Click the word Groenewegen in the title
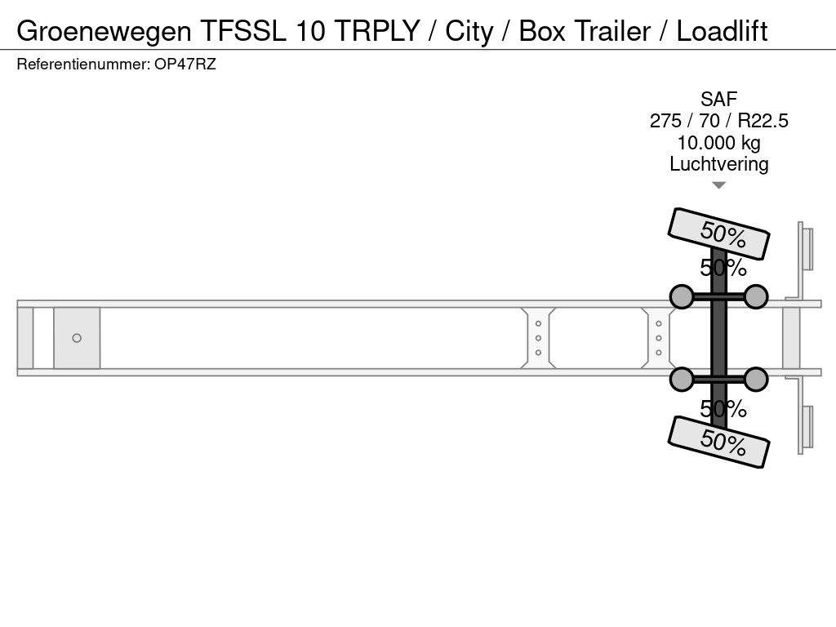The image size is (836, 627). pyautogui.click(x=104, y=32)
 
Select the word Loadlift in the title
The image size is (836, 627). pyautogui.click(x=722, y=31)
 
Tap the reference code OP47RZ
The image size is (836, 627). pyautogui.click(x=185, y=64)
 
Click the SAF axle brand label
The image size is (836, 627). pyautogui.click(x=718, y=99)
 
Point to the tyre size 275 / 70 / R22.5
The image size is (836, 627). pyautogui.click(x=718, y=121)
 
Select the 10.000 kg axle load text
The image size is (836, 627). pyautogui.click(x=718, y=143)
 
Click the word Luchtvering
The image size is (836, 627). pyautogui.click(x=718, y=164)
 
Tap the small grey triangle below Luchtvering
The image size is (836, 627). pyautogui.click(x=718, y=185)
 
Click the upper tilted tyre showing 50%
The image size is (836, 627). pyautogui.click(x=718, y=233)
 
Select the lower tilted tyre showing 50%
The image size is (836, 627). pyautogui.click(x=718, y=442)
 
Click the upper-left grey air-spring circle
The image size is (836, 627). pyautogui.click(x=682, y=296)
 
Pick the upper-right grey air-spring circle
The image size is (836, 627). pyautogui.click(x=755, y=296)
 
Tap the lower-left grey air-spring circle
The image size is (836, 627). pyautogui.click(x=682, y=380)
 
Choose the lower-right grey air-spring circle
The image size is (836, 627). pyautogui.click(x=755, y=380)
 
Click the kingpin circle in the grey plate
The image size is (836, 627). pyautogui.click(x=77, y=338)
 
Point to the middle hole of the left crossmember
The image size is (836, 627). pyautogui.click(x=538, y=338)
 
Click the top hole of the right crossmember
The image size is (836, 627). pyautogui.click(x=659, y=323)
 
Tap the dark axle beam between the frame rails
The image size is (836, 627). pyautogui.click(x=718, y=338)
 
